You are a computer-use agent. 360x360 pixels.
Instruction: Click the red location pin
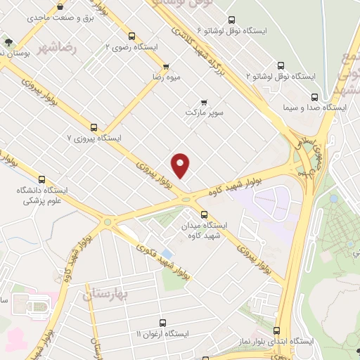tap(181, 165)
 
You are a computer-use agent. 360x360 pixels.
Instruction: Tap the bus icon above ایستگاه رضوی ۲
tap(132, 36)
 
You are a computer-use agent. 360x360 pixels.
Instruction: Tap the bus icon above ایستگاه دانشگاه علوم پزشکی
tap(41, 180)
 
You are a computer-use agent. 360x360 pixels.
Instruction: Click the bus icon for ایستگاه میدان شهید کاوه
tap(205, 214)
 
